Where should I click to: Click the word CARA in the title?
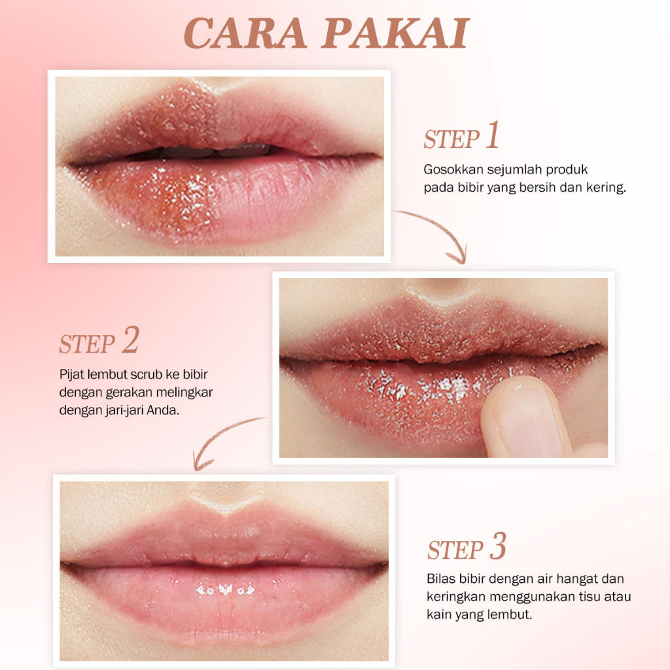[245, 33]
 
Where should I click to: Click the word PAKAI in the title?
[396, 33]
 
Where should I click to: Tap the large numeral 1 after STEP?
[493, 135]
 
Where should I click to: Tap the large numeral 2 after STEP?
[130, 340]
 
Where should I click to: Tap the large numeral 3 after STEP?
[498, 546]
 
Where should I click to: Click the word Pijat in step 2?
[72, 375]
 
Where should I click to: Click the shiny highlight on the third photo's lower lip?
[225, 590]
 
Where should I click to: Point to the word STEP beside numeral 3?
[455, 550]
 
